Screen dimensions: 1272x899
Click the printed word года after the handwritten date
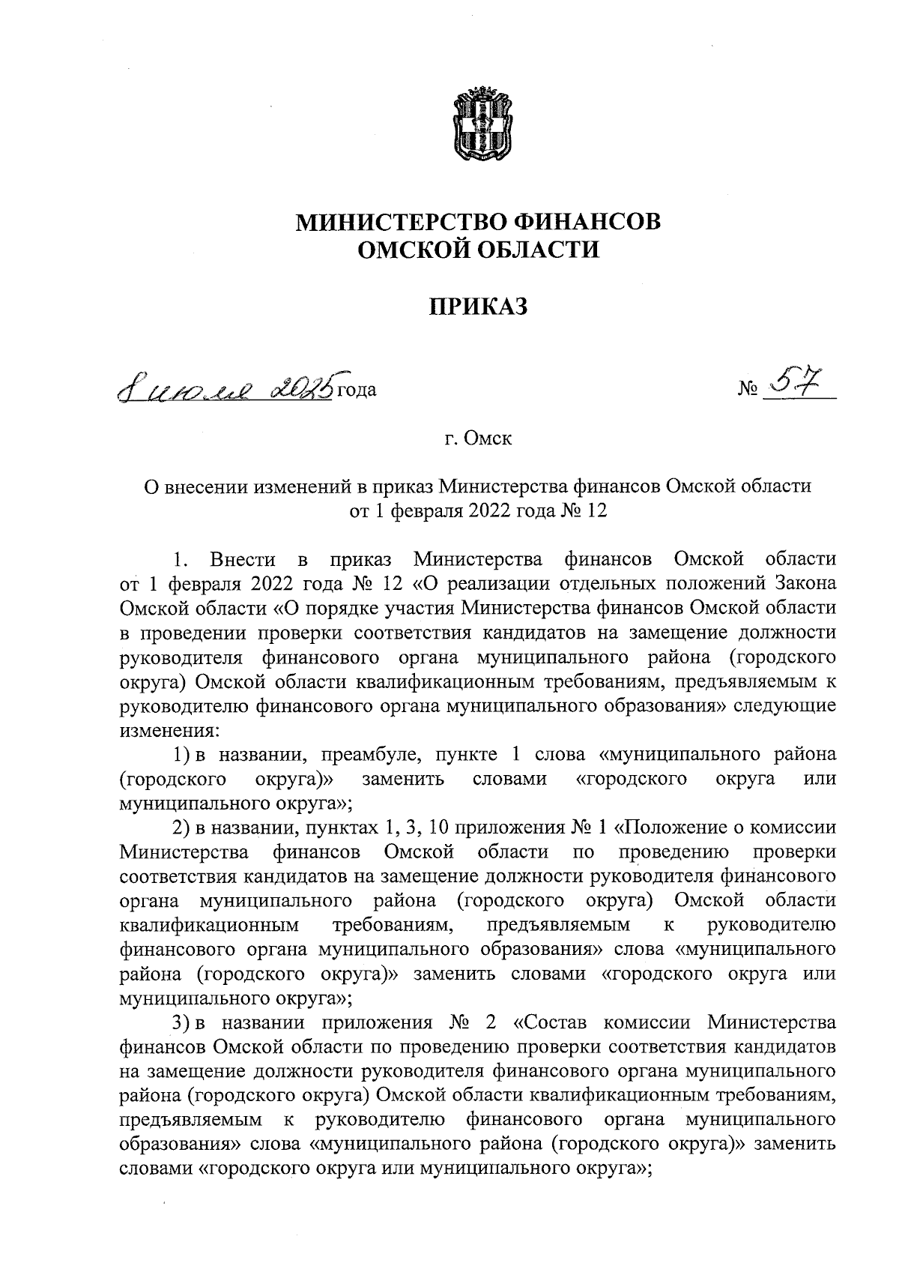coord(357,390)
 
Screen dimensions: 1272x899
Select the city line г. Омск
coord(478,438)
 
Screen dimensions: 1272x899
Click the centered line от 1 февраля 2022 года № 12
coord(478,511)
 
